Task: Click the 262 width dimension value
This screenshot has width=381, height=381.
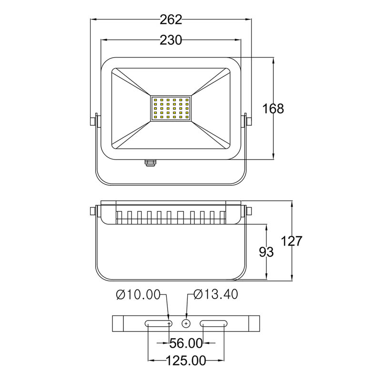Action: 171,20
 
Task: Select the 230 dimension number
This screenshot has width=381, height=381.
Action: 171,40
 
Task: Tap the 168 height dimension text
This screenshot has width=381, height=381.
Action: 273,109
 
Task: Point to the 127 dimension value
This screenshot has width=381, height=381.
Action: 291,241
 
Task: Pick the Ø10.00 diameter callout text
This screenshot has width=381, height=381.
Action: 138,295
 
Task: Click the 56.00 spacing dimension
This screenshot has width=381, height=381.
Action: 186,343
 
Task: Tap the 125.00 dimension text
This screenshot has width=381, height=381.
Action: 186,361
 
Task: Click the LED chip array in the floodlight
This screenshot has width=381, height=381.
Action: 171,108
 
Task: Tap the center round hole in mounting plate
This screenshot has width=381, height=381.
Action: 186,323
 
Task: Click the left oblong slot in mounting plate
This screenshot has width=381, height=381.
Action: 159,323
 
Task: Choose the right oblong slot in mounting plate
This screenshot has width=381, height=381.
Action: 213,323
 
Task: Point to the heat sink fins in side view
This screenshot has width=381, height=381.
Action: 171,217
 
